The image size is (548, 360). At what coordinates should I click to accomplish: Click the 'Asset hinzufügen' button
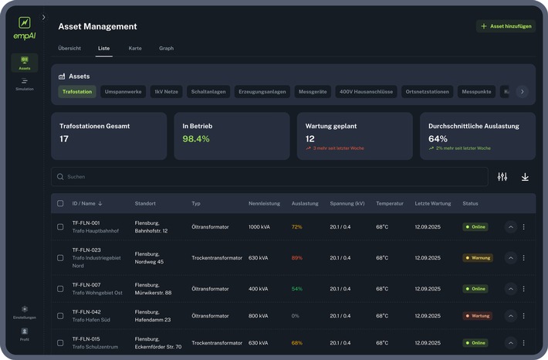506,26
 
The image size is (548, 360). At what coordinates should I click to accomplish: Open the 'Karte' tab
135,48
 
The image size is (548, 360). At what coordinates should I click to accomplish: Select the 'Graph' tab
166,48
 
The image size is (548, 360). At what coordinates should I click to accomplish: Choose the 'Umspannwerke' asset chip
123,91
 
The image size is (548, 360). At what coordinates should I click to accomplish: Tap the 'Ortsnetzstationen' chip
427,91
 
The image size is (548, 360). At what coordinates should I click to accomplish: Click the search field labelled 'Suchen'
269,177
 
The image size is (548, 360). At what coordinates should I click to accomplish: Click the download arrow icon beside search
525,177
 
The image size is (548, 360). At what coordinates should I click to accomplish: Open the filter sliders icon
502,177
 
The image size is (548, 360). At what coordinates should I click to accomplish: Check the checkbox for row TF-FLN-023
60,257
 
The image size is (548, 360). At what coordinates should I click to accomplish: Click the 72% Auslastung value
297,227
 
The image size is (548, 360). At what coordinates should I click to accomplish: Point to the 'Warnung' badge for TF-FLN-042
478,315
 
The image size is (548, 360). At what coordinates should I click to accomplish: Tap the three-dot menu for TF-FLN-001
524,227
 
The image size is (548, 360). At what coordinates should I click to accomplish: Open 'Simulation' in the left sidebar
25,84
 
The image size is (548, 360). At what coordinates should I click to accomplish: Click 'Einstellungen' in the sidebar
25,312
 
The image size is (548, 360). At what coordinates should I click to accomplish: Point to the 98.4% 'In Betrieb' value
196,139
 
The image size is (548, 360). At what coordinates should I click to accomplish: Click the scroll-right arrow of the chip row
522,91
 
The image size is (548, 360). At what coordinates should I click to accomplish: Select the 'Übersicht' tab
69,48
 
